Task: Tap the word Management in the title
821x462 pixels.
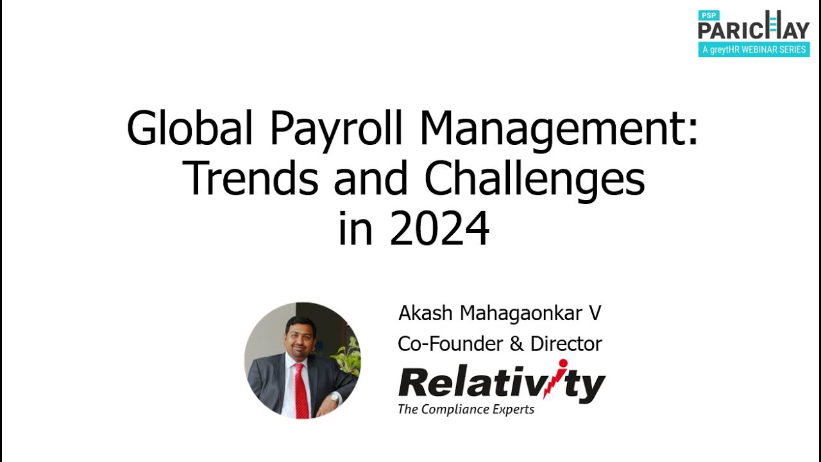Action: click(559, 130)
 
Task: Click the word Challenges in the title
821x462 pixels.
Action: click(534, 181)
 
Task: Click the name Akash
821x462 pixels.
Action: click(426, 313)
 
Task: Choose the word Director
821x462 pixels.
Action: click(566, 344)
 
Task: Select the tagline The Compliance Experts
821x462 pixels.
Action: click(466, 409)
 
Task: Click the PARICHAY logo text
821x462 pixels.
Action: click(754, 30)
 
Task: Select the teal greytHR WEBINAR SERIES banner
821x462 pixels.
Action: click(754, 49)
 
